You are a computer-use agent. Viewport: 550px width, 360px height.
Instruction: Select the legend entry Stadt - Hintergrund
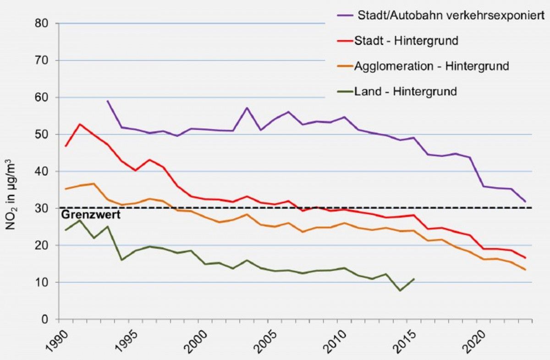coord(406,40)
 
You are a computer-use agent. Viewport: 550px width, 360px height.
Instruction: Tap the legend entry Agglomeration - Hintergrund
coord(431,66)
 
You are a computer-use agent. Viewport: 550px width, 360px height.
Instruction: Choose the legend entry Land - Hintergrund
coord(405,92)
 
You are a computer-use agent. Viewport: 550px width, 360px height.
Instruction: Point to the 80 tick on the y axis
coord(44,23)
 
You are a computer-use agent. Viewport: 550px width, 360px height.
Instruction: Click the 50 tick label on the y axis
coord(44,134)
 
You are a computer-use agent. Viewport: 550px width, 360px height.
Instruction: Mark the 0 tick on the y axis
coord(47,319)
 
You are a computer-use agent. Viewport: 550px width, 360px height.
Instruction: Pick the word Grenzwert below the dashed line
coord(90,214)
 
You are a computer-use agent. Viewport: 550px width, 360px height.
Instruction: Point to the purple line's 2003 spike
coord(247,108)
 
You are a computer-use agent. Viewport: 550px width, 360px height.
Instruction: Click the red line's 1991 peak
coord(80,124)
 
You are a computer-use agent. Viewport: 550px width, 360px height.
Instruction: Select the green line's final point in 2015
coord(414,279)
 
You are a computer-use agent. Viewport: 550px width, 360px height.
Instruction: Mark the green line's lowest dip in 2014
coord(400,290)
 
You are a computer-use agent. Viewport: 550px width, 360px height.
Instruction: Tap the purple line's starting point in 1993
coord(107,101)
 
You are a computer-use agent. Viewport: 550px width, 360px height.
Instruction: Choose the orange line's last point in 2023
coord(525,269)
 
